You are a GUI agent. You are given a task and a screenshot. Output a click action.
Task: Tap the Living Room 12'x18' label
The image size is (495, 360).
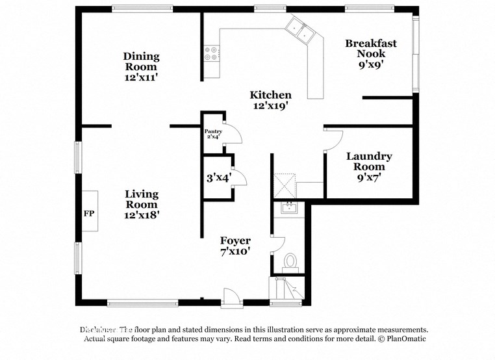tap(141, 204)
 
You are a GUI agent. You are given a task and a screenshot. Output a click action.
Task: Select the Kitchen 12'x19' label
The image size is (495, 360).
tap(271, 99)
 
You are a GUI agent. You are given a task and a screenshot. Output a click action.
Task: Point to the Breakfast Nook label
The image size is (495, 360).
tap(370, 54)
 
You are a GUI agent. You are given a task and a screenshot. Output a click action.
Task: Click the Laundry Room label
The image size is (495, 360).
tap(369, 166)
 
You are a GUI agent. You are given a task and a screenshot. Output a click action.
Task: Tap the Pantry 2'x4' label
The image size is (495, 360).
tap(214, 134)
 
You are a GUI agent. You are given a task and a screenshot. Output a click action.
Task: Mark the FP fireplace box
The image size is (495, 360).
tap(89, 211)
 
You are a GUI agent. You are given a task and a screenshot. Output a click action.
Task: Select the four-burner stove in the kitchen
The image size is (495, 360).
tap(212, 53)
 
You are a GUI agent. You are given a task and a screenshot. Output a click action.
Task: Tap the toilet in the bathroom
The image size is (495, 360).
tap(290, 261)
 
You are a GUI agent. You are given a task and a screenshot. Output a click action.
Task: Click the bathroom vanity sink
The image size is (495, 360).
tap(288, 209)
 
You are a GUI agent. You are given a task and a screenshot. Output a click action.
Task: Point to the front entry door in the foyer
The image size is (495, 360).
tap(231, 298)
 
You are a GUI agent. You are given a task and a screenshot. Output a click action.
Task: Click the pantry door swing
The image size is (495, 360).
tap(232, 133)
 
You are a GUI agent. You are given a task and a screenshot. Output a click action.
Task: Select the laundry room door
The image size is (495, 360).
tap(333, 140)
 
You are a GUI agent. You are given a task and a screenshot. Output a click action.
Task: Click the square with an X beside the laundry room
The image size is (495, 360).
tap(285, 186)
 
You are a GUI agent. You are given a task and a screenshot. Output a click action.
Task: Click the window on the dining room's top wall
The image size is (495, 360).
tap(142, 9)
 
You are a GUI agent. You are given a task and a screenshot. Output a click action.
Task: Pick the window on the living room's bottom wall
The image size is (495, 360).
tap(142, 302)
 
